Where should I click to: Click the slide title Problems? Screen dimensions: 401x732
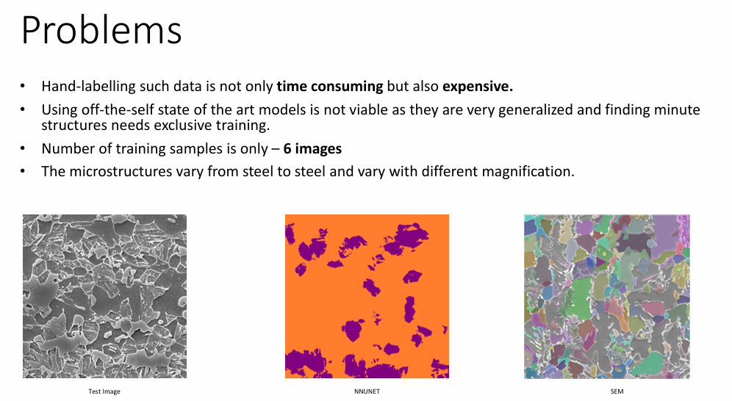pos(101,32)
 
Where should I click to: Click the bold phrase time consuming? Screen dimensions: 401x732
pos(330,87)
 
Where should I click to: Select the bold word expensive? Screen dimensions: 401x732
pos(477,87)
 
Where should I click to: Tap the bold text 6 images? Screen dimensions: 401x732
pos(312,149)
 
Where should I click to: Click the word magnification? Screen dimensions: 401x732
pos(537,172)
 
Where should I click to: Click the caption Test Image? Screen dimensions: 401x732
pos(104,391)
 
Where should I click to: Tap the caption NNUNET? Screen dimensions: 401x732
pos(367,391)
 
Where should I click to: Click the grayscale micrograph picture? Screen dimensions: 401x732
pos(104,296)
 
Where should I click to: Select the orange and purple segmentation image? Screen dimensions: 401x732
pos(367,296)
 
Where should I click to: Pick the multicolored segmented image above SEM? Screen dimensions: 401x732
pos(607,296)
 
